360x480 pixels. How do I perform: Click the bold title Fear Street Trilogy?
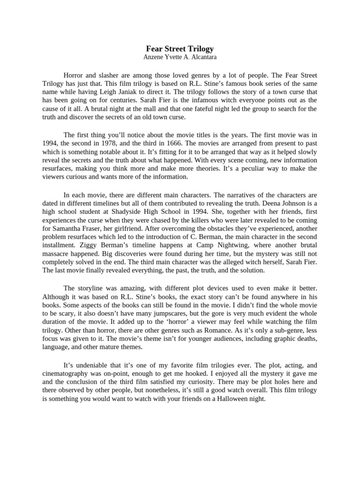click(180, 48)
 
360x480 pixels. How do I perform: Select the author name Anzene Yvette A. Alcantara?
click(180, 57)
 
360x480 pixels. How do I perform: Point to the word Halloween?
click(220, 399)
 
